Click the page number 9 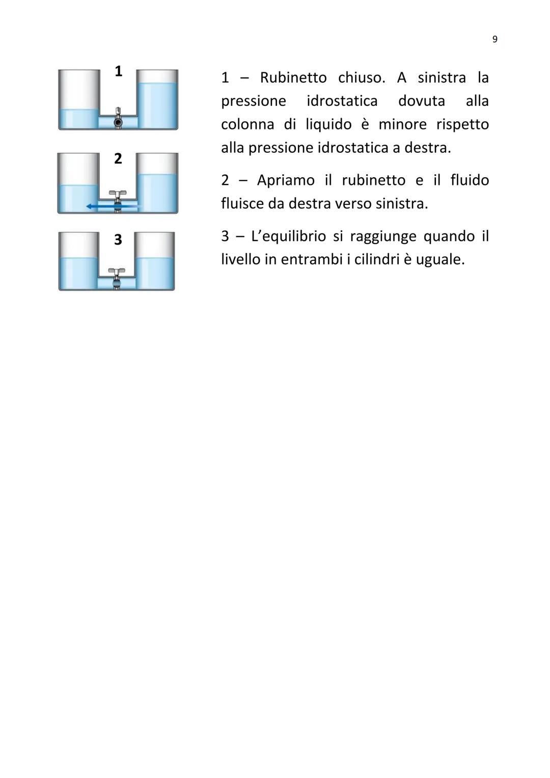tap(495, 39)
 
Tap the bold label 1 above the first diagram tap(118, 71)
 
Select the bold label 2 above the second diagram tap(118, 158)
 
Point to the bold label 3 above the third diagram tap(118, 239)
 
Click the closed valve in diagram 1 tap(118, 122)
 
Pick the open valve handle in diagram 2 tap(118, 194)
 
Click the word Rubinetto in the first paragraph tap(293, 77)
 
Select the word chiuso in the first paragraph tap(361, 77)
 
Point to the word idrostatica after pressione tap(342, 101)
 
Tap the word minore tap(402, 124)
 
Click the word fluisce tap(242, 204)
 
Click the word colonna tap(247, 124)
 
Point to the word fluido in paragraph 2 tap(469, 180)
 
